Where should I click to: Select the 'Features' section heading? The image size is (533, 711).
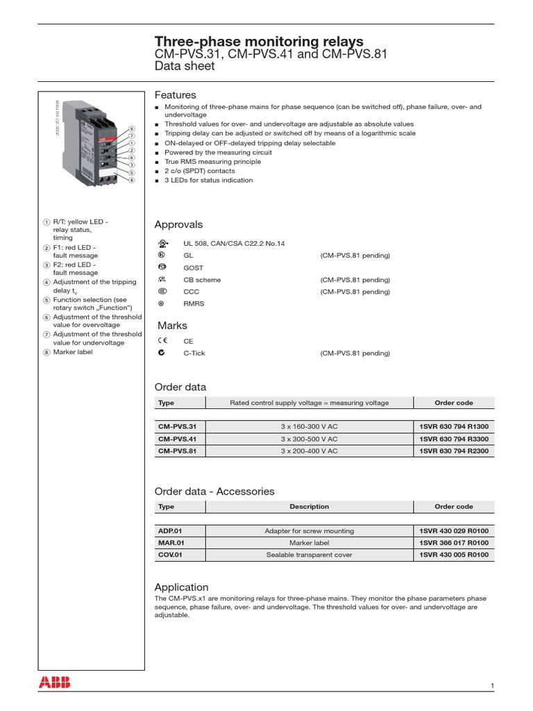pyautogui.click(x=175, y=94)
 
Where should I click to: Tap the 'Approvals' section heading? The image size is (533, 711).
pyautogui.click(x=178, y=224)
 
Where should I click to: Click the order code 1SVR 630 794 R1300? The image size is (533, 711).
pyautogui.click(x=454, y=428)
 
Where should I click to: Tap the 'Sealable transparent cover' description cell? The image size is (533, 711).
pyautogui.click(x=309, y=555)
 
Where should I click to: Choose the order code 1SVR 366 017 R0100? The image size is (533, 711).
pyautogui.click(x=454, y=543)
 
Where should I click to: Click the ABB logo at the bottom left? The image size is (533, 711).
pyautogui.click(x=54, y=682)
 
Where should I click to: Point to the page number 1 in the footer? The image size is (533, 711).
pyautogui.click(x=492, y=687)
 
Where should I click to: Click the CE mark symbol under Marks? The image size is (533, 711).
pyautogui.click(x=162, y=341)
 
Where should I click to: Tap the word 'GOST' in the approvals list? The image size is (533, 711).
pyautogui.click(x=193, y=267)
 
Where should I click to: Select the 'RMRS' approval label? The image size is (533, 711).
pyautogui.click(x=194, y=303)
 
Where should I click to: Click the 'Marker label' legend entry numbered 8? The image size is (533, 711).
pyautogui.click(x=72, y=352)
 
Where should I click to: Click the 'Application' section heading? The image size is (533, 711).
pyautogui.click(x=181, y=587)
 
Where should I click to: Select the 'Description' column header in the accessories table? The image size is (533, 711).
pyautogui.click(x=309, y=507)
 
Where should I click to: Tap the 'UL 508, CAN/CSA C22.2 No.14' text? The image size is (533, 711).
pyautogui.click(x=234, y=244)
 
